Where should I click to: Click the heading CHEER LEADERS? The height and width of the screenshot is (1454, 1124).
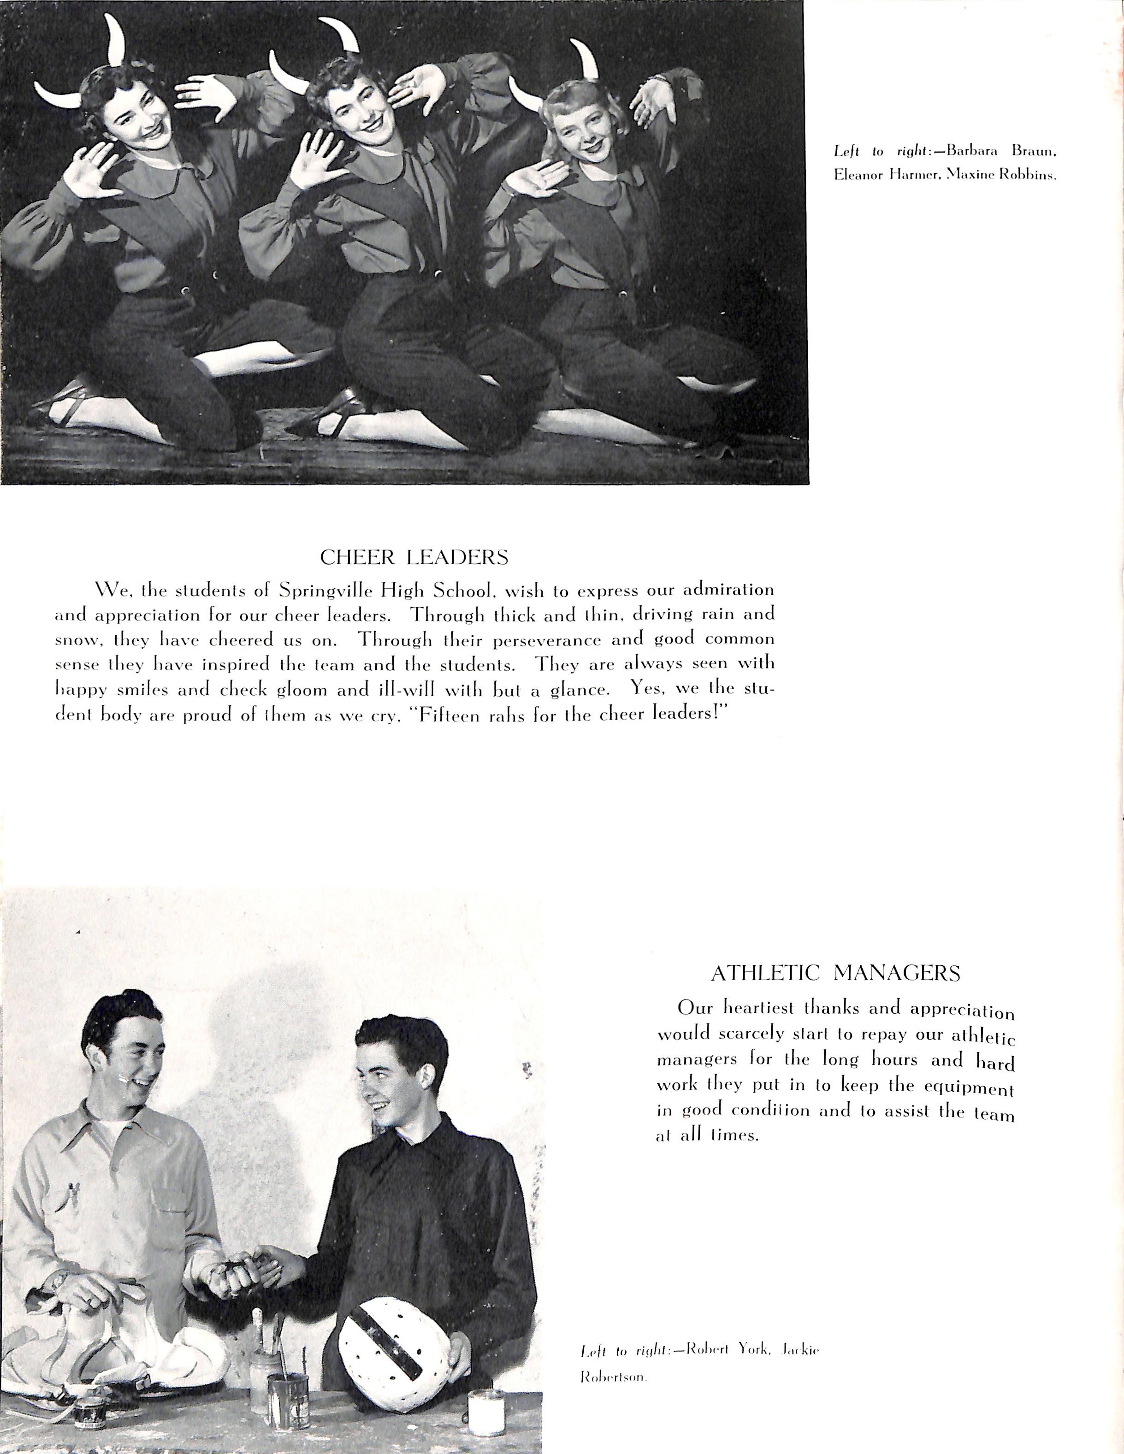[414, 557]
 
